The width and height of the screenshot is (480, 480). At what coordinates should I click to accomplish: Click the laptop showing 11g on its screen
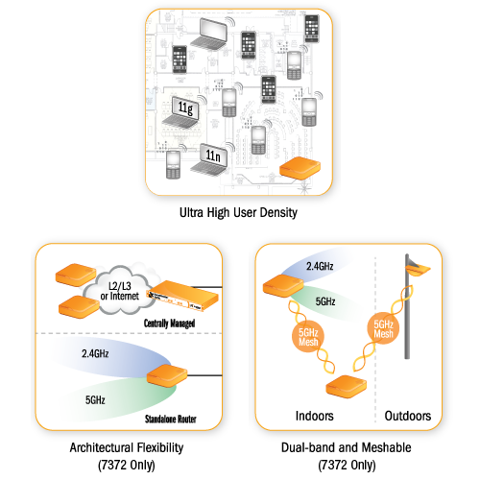tap(180, 112)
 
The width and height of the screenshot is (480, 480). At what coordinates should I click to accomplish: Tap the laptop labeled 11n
tap(209, 159)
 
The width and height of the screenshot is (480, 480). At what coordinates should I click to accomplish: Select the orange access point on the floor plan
tap(300, 168)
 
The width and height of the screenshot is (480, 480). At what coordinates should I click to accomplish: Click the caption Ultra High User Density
tap(238, 213)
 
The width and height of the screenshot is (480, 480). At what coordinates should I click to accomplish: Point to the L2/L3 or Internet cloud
tap(119, 291)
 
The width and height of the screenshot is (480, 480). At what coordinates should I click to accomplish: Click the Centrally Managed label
tap(169, 324)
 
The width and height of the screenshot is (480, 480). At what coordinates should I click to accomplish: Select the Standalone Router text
tap(171, 419)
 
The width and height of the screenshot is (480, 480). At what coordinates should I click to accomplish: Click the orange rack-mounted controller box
tap(182, 295)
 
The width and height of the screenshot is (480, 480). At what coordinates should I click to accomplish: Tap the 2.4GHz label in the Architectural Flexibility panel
tap(95, 353)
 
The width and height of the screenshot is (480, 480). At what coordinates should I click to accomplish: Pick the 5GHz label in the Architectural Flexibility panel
tap(95, 400)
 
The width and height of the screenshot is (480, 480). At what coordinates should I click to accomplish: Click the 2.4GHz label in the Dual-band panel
tap(320, 266)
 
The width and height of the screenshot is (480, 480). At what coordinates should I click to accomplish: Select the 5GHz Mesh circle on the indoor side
tap(308, 337)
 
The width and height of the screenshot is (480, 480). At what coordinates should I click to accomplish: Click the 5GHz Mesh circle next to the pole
tap(383, 328)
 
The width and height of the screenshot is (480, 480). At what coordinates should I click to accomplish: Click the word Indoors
tap(314, 416)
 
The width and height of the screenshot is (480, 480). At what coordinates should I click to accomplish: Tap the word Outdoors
tap(408, 416)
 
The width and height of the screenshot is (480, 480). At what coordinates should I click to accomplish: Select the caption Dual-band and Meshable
tap(347, 447)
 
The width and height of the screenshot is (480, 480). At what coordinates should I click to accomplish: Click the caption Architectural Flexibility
tap(127, 447)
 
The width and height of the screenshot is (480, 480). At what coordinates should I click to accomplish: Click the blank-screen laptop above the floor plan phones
tap(209, 34)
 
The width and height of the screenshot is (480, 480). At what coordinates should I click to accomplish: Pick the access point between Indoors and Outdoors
tap(346, 387)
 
